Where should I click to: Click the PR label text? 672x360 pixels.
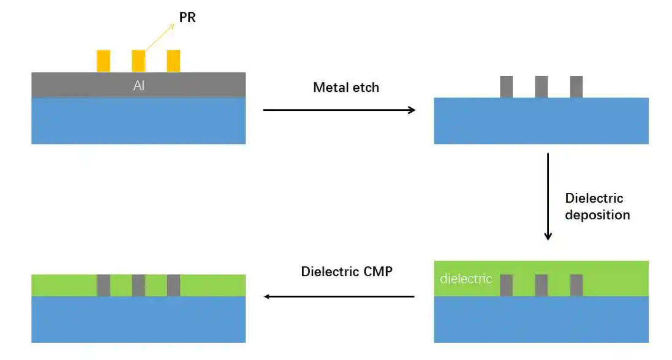click(187, 18)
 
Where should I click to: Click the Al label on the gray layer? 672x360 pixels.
click(139, 86)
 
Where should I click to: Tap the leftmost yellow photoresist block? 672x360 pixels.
click(104, 61)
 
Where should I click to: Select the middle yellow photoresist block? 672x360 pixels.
click(138, 61)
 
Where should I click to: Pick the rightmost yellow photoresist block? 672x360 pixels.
click(173, 61)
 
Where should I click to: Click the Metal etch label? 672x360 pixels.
click(346, 88)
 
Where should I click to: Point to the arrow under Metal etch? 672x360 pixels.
click(339, 110)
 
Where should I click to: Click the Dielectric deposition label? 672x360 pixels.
click(597, 206)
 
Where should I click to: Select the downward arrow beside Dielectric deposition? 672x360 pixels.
click(548, 196)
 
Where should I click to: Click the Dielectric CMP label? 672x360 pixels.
click(347, 271)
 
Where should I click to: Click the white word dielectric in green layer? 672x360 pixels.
click(466, 279)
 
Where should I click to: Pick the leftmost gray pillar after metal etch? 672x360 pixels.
click(506, 87)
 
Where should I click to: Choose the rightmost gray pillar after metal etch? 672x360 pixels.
click(576, 87)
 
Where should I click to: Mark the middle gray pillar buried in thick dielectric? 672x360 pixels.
click(541, 285)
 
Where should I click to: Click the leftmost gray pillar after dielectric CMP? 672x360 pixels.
click(104, 285)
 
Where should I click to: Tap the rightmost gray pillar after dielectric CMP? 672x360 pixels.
click(173, 285)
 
